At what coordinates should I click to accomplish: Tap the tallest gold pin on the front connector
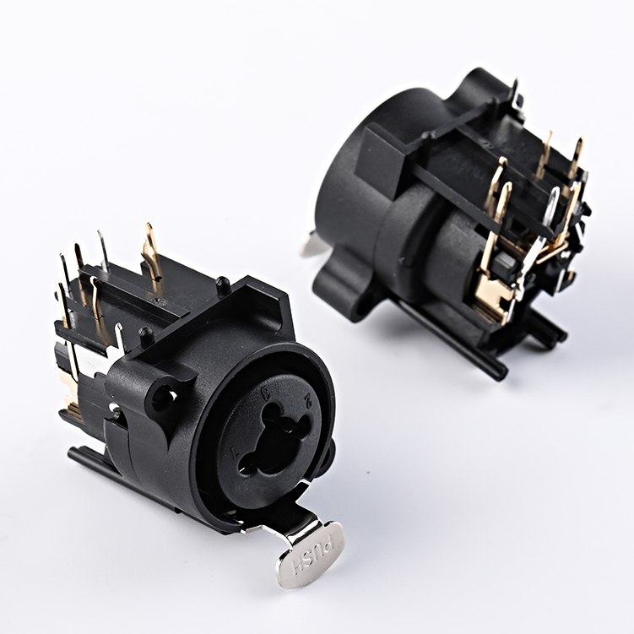[151, 252]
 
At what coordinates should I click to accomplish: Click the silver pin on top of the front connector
[103, 250]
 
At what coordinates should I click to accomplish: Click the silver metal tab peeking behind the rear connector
[312, 246]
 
